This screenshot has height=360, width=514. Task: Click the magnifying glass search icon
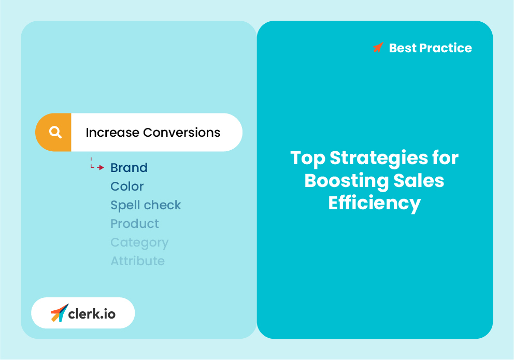click(55, 133)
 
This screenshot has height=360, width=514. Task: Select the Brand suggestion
click(129, 168)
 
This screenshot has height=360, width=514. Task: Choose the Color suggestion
click(127, 186)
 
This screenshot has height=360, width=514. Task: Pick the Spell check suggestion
click(146, 205)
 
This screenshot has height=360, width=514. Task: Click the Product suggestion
click(135, 224)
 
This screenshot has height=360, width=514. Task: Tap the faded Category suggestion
click(139, 242)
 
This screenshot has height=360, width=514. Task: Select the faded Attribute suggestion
click(137, 261)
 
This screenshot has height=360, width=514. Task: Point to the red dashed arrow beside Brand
click(96, 165)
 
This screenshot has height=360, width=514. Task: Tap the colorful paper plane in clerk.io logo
click(59, 313)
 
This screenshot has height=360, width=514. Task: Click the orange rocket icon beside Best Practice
click(378, 48)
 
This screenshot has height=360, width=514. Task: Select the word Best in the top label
click(402, 48)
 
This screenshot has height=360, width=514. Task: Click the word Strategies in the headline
click(379, 158)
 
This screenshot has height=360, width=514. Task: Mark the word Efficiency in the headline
click(374, 203)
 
